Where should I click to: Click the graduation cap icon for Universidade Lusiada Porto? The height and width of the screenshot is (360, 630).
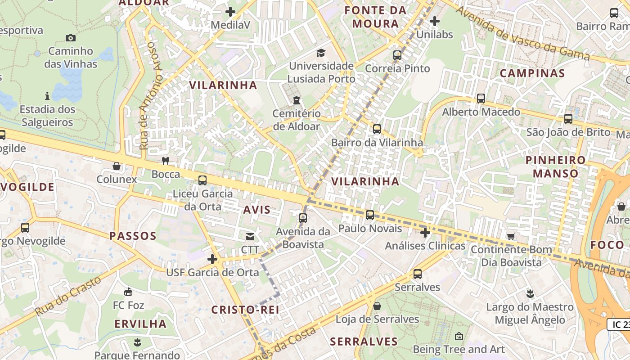(321, 53)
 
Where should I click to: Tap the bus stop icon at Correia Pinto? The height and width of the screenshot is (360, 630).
(397, 55)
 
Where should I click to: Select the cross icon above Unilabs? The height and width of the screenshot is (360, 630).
(435, 21)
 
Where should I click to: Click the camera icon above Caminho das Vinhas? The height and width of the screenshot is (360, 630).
(71, 38)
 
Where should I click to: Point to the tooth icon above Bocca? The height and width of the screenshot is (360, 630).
(166, 161)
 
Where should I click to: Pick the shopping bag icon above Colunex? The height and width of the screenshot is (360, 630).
(117, 166)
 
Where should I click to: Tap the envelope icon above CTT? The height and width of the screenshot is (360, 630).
(250, 236)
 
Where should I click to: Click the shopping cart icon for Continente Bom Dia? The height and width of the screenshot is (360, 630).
(511, 236)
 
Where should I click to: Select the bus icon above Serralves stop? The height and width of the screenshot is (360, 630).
(418, 274)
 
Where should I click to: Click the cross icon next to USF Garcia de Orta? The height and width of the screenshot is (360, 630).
(212, 259)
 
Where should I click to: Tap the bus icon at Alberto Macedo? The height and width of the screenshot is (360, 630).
(481, 98)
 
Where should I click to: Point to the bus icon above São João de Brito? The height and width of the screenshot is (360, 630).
(568, 119)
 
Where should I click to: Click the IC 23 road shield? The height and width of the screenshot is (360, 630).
(619, 324)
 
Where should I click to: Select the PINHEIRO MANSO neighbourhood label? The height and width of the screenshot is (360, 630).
(555, 166)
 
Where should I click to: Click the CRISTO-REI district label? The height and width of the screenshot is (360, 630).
(245, 310)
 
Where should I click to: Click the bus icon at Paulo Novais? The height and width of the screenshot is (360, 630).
(370, 215)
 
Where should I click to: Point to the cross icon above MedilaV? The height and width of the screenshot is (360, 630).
(231, 12)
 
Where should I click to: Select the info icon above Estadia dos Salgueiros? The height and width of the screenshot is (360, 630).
(47, 96)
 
